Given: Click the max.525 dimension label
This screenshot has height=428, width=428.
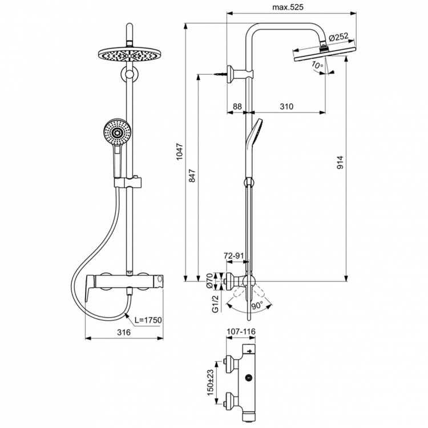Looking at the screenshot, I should pyautogui.click(x=285, y=7).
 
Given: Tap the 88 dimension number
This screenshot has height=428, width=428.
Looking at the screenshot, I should pyautogui.click(x=237, y=106).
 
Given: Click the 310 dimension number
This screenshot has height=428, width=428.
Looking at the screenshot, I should pyautogui.click(x=286, y=106).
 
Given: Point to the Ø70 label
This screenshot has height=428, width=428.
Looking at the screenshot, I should pyautogui.click(x=209, y=280).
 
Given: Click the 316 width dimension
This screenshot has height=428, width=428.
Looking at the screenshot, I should pyautogui.click(x=124, y=332).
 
